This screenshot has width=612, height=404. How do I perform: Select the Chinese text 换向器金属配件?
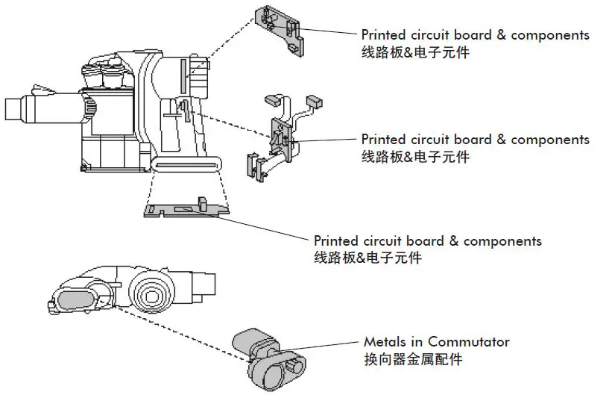point(413,359)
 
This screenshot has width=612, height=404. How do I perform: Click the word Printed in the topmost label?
point(385,35)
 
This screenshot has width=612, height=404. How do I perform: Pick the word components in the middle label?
point(550,140)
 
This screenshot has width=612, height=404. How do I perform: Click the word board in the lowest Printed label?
point(425,241)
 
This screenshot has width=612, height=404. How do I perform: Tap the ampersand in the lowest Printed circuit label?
point(453,241)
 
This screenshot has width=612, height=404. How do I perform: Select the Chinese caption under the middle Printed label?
point(415,157)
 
